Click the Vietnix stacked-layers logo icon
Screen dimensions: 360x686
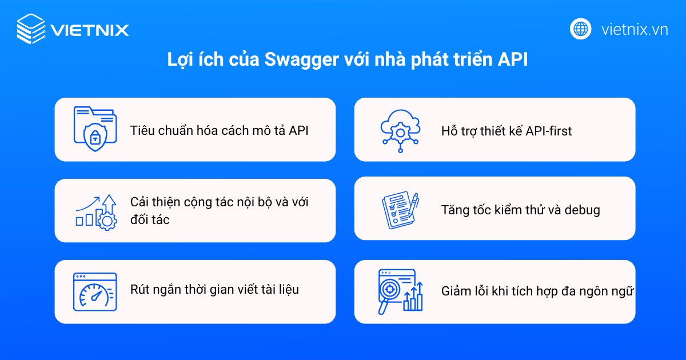pos(31,29)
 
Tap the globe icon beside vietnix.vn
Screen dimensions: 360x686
pos(581,29)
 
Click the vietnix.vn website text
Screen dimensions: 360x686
pos(635,29)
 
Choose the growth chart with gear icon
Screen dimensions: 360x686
pos(96,211)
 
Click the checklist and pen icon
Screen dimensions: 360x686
pos(399,210)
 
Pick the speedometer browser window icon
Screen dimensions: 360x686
pos(94,291)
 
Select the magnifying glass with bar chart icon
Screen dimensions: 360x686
pos(400,292)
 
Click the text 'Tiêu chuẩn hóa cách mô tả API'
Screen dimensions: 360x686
pos(220,130)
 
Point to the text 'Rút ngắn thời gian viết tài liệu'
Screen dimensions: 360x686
pos(214,290)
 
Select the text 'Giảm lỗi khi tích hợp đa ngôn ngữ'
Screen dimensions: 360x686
pos(537,291)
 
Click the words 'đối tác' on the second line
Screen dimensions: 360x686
pos(150,219)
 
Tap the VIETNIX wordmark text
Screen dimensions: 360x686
pos(89,30)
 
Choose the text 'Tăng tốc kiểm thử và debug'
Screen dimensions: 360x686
pos(520,210)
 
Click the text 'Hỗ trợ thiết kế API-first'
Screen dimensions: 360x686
pos(506,131)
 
